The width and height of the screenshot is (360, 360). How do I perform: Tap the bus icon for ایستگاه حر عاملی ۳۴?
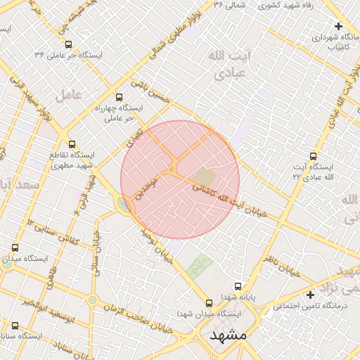[68, 44]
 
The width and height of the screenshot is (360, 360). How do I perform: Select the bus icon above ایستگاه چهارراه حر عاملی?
[118, 98]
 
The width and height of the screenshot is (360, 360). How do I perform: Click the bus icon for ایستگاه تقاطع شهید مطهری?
[72, 144]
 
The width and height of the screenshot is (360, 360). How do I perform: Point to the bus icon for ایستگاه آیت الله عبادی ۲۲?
[313, 156]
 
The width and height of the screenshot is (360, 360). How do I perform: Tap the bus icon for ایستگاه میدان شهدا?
[209, 303]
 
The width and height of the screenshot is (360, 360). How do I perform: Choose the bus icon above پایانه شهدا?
[238, 287]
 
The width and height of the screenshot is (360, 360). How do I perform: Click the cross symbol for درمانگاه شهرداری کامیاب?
[339, 26]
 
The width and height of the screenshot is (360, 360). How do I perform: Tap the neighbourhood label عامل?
[72, 94]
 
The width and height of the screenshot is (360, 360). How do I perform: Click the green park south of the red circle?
[200, 266]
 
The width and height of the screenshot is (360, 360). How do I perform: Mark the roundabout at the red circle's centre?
[172, 169]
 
